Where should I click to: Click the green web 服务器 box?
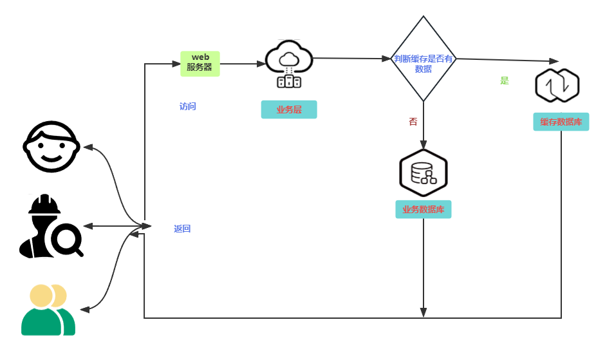pyautogui.click(x=200, y=64)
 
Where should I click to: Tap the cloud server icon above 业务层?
pyautogui.click(x=289, y=64)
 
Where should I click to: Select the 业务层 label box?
pyautogui.click(x=289, y=109)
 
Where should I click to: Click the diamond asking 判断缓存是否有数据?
pyautogui.click(x=423, y=59)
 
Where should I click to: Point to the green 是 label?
pyautogui.click(x=505, y=81)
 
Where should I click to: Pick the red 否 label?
pyautogui.click(x=413, y=122)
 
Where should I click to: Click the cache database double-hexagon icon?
pyautogui.click(x=557, y=86)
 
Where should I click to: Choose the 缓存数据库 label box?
pyautogui.click(x=561, y=122)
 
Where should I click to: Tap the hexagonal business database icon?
pyautogui.click(x=423, y=173)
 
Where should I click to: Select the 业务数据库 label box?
pyautogui.click(x=423, y=209)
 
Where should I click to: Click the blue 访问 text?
pyautogui.click(x=188, y=106)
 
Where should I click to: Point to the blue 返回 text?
pyautogui.click(x=182, y=229)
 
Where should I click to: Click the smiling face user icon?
pyautogui.click(x=51, y=147)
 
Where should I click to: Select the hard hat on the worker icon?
pyautogui.click(x=44, y=204)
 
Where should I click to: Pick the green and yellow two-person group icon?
pyautogui.click(x=48, y=310)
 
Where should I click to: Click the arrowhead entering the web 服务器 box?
pyautogui.click(x=176, y=64)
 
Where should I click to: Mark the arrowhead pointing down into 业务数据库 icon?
pyautogui.click(x=423, y=145)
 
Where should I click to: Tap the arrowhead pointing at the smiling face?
pyautogui.click(x=88, y=147)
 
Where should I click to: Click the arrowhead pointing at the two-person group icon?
pyautogui.click(x=85, y=309)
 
